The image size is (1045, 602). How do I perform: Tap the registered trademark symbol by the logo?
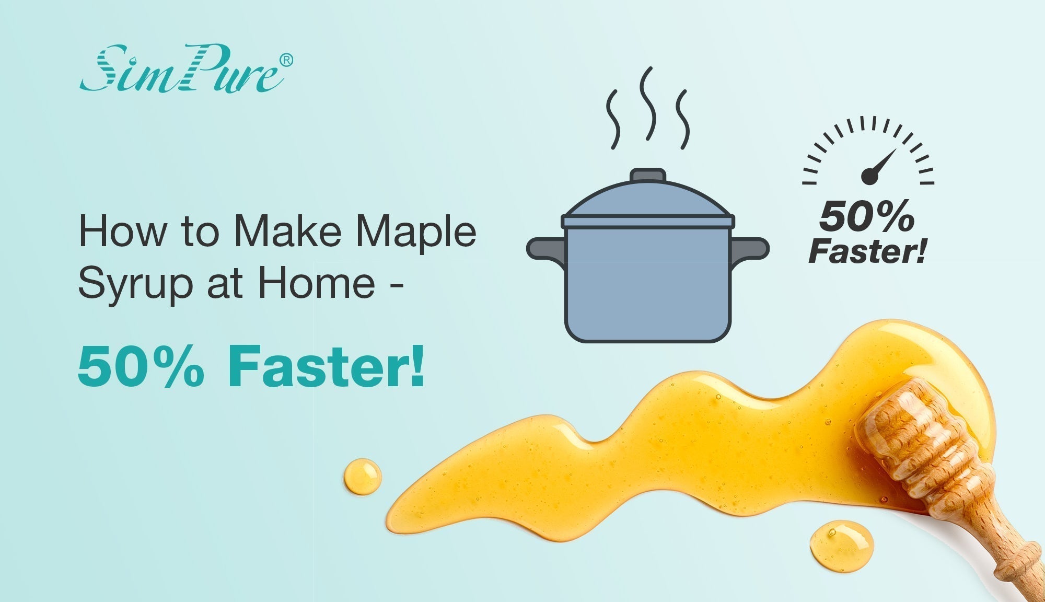click(286, 60)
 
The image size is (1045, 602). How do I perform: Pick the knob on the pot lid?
click(647, 175)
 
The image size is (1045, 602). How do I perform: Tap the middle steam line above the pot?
click(648, 103)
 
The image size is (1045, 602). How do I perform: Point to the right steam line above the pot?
click(683, 119)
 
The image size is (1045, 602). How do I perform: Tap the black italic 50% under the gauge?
click(867, 217)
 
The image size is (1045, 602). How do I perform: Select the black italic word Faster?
click(867, 251)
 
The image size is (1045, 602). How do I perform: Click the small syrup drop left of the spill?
click(362, 476)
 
